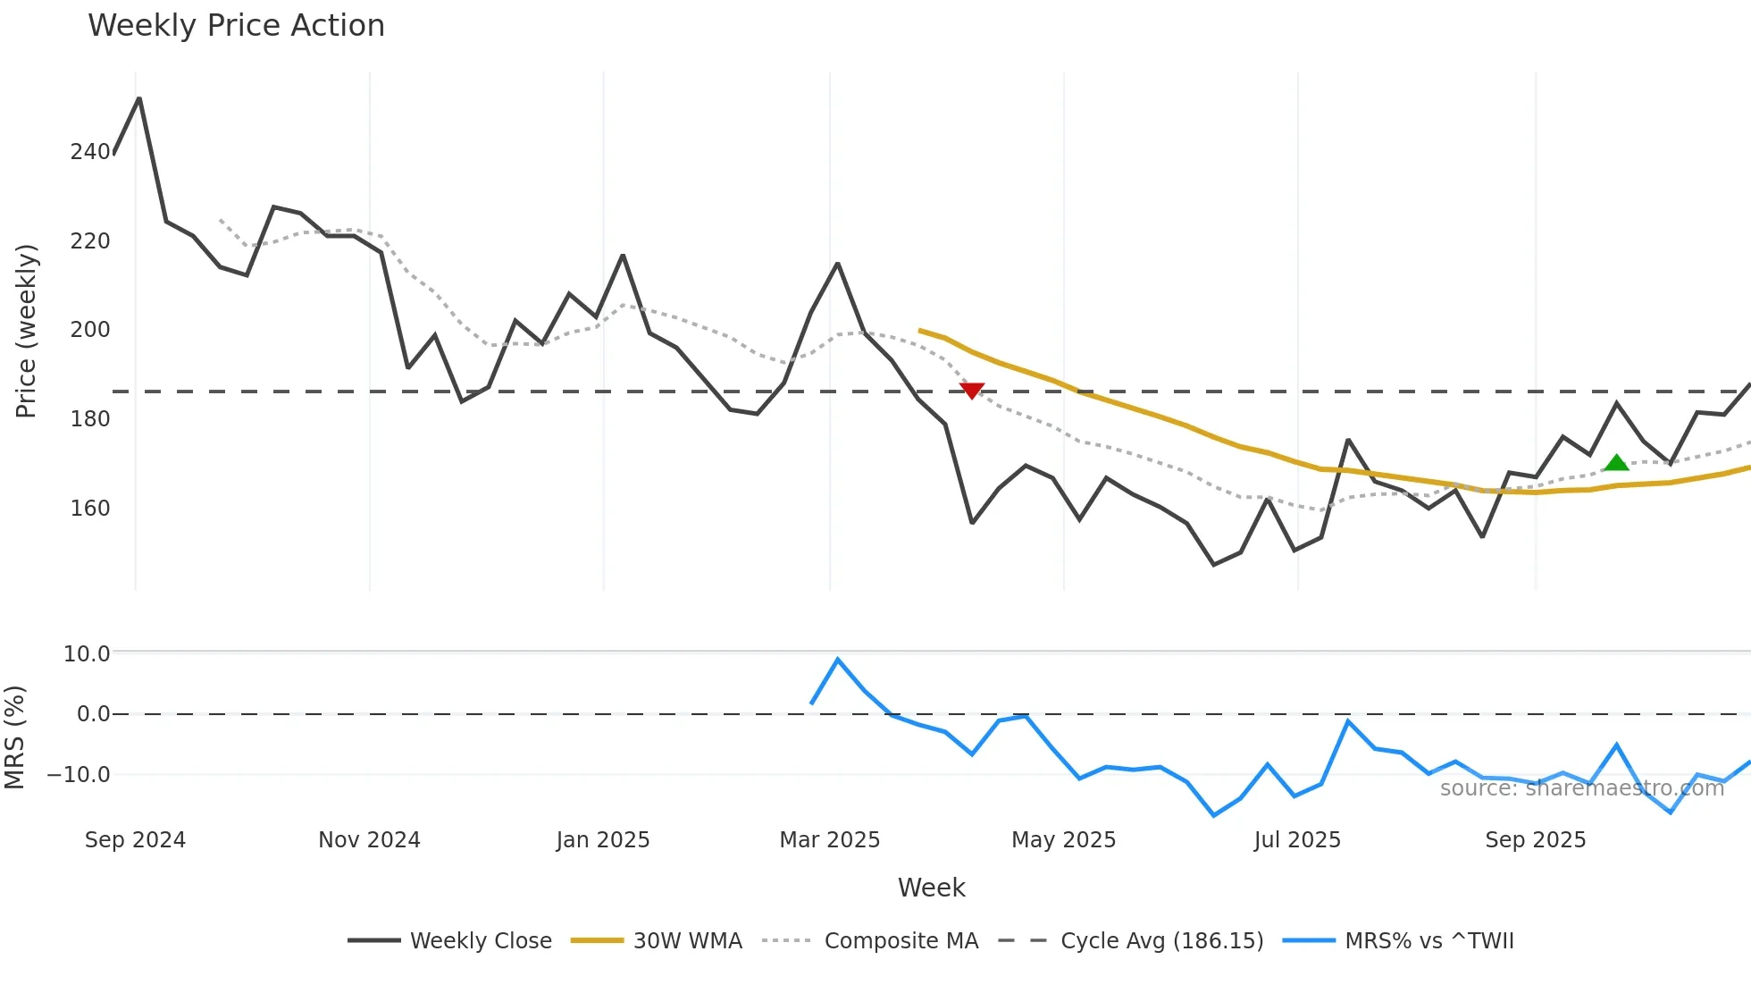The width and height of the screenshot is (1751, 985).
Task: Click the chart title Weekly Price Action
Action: tap(236, 26)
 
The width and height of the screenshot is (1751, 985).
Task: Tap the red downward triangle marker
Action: tap(972, 391)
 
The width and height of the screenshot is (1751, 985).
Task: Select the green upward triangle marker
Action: tap(1616, 463)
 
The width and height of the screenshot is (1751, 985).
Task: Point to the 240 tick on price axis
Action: tap(90, 152)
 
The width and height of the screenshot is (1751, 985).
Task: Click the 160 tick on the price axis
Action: tap(90, 509)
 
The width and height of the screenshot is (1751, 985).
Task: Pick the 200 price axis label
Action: tap(90, 330)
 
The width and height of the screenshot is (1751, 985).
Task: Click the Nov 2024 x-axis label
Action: tap(369, 840)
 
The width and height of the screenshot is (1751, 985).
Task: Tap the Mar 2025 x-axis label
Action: tap(830, 840)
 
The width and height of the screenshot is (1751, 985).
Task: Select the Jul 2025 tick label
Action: tap(1297, 840)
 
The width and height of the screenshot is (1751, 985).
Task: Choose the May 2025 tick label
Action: tap(1063, 840)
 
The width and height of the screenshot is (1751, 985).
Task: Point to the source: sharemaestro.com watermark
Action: tap(1581, 788)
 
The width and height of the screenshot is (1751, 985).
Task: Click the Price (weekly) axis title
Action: tap(26, 331)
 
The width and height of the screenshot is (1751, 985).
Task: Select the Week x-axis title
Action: tap(931, 888)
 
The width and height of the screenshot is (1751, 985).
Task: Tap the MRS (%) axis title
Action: tap(14, 737)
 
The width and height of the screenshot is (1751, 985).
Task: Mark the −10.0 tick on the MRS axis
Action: tap(79, 775)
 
